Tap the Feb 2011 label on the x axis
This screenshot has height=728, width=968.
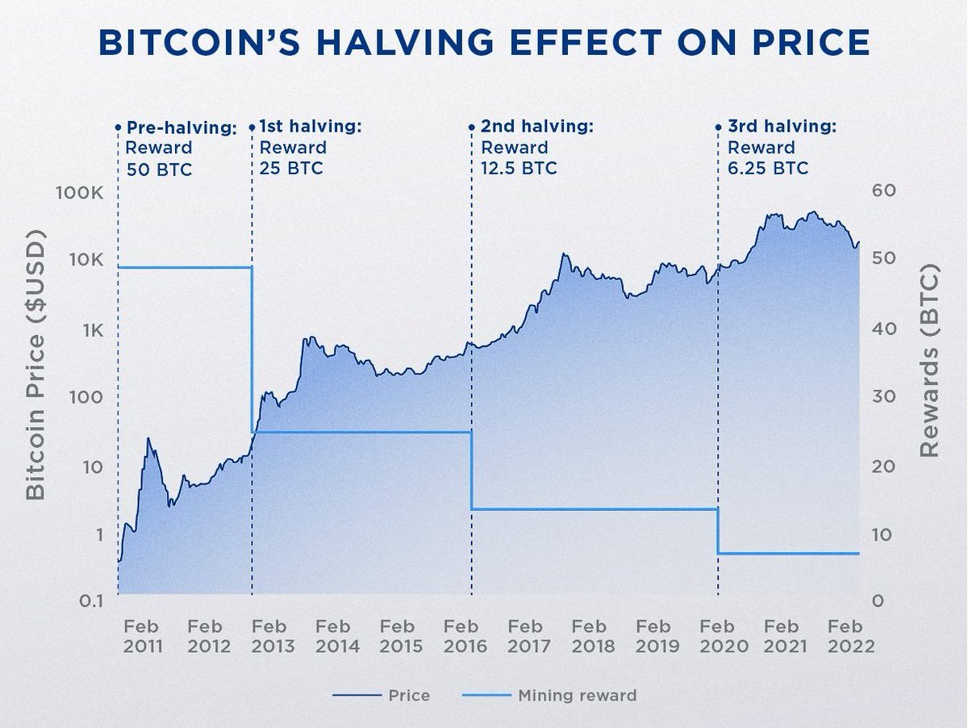pos(144,636)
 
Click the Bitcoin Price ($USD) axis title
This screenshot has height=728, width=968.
pos(35,363)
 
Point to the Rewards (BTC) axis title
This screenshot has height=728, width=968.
pos(931,361)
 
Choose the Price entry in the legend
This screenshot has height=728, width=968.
pos(408,695)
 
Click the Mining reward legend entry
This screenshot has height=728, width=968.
pos(578,695)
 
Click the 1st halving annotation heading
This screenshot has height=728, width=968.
pos(311,128)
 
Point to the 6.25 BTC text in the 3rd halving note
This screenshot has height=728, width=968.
pos(767,169)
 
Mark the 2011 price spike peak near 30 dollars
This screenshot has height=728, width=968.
pos(148,438)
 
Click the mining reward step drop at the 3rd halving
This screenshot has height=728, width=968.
pos(718,531)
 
